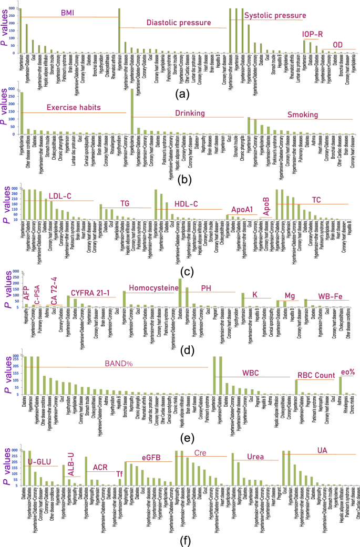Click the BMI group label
pyautogui.click(x=67, y=12)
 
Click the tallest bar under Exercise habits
pyautogui.click(x=22, y=113)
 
